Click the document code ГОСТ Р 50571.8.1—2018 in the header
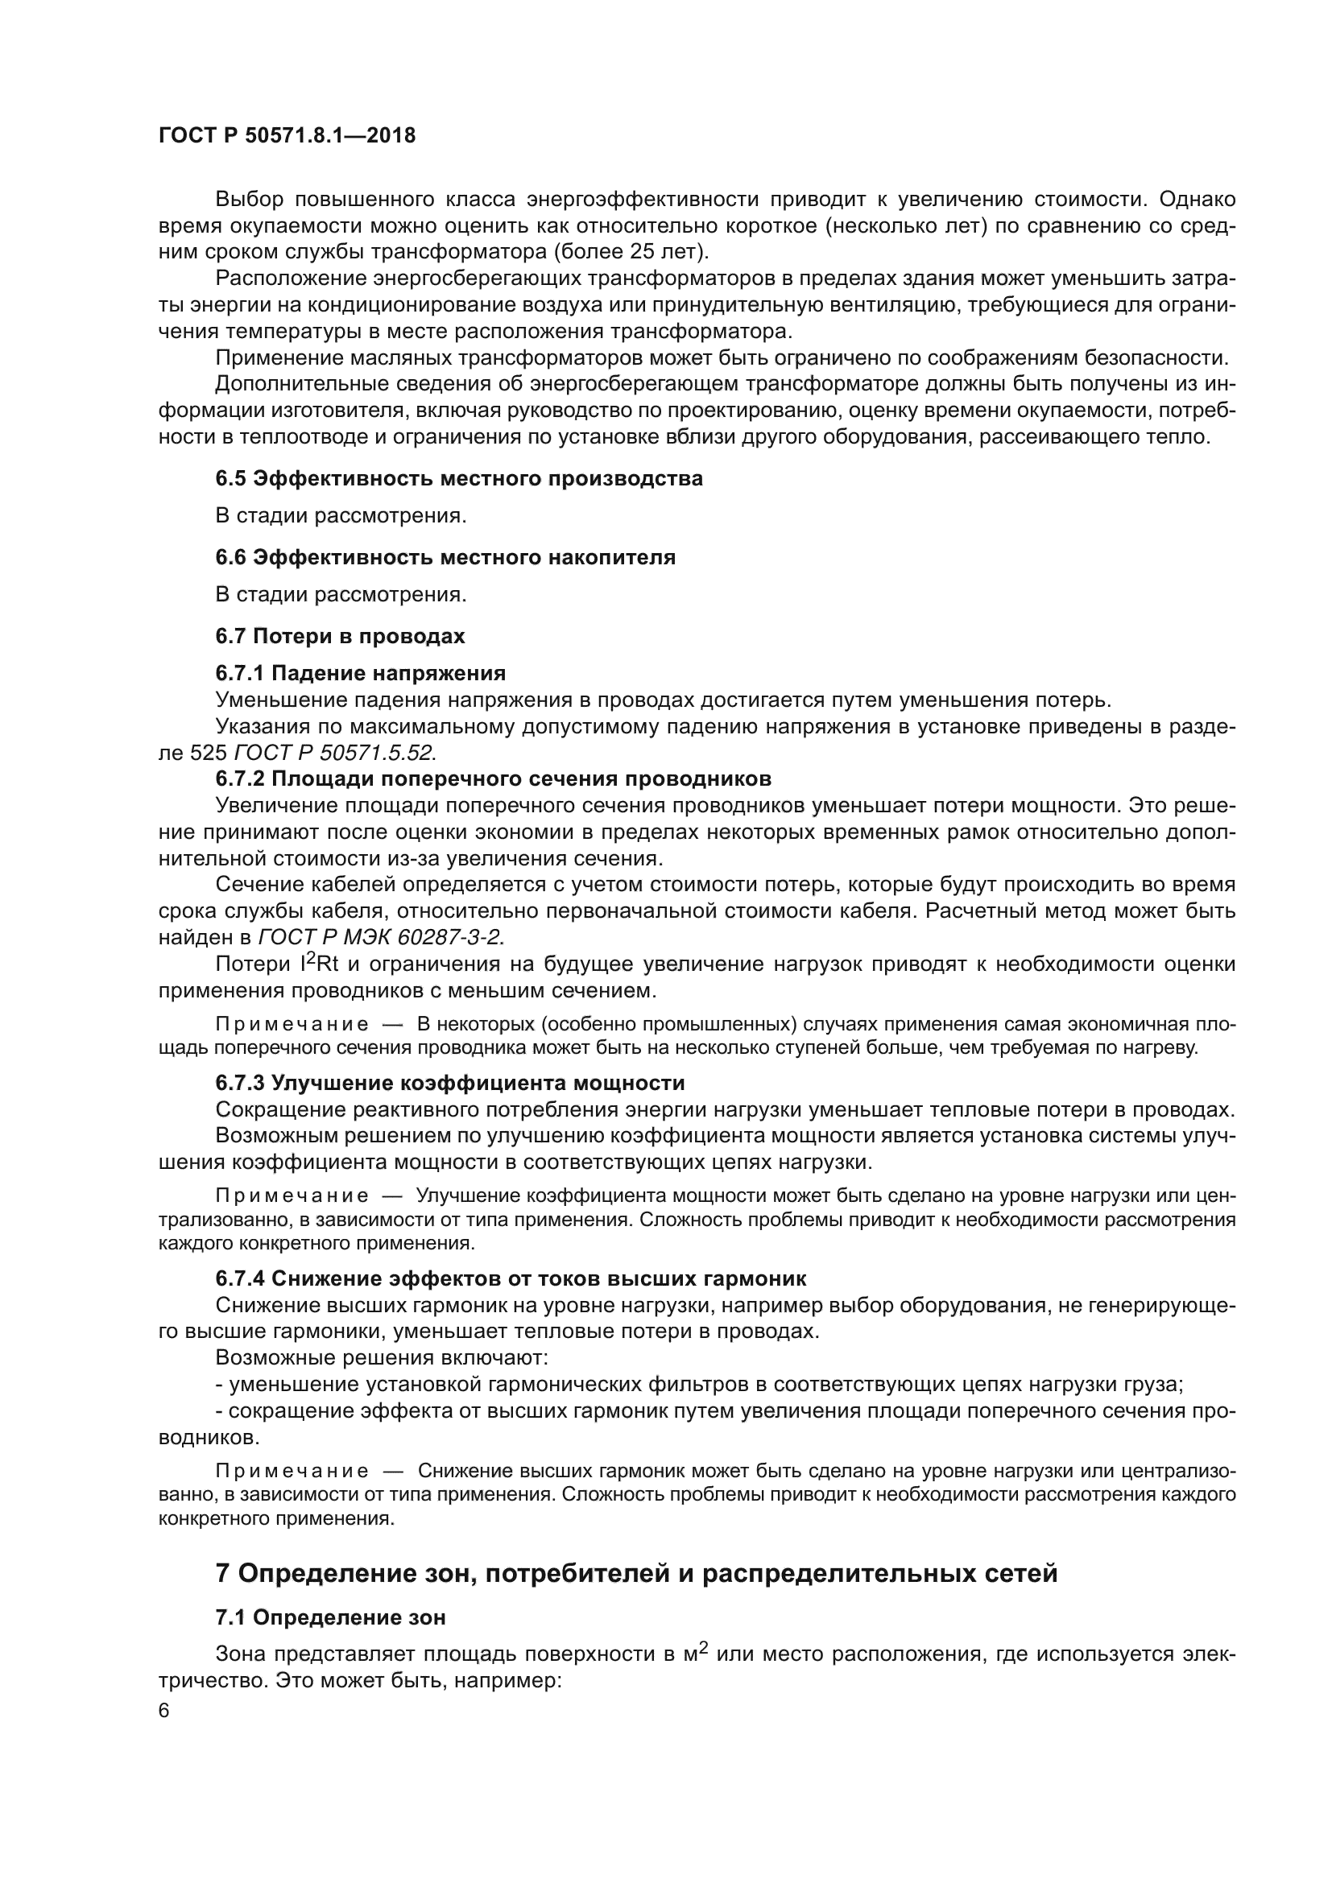coord(287,135)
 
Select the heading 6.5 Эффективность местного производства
coord(459,478)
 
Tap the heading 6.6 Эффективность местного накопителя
coord(445,558)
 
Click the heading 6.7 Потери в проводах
coord(341,636)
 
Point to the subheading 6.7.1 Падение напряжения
coord(361,673)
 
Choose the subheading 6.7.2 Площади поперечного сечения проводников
coord(493,778)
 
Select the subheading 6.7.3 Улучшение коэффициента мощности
coord(449,1083)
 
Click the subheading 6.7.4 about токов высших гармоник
coord(510,1278)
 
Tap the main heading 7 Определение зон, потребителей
coord(635,1574)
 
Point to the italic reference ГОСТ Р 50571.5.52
coord(336,753)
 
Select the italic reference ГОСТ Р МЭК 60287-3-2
coord(381,936)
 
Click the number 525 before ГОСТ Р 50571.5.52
coord(209,753)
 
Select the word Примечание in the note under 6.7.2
coord(292,1024)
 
